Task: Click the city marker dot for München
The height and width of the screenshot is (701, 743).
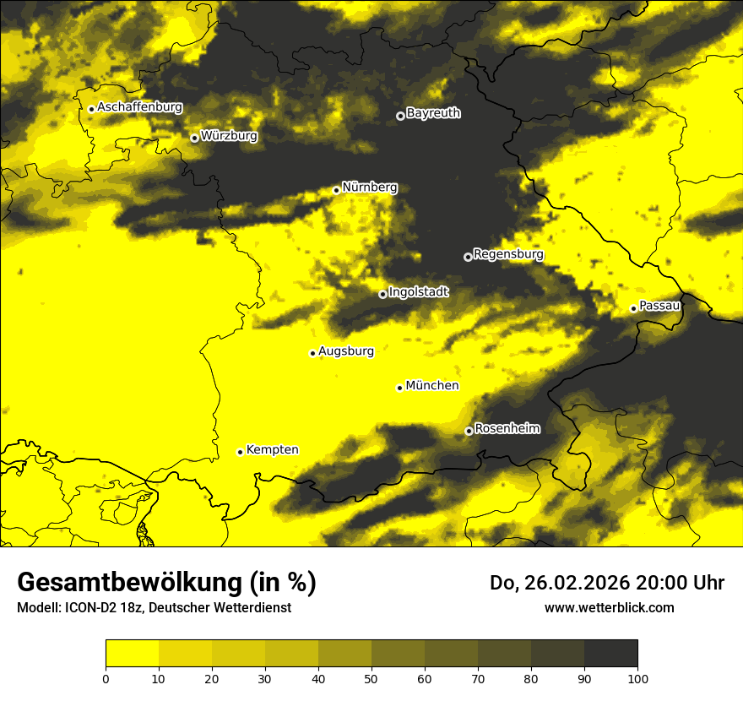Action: coord(399,388)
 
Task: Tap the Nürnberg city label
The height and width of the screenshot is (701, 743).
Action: coord(369,187)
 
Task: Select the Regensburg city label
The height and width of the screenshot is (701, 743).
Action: coord(508,254)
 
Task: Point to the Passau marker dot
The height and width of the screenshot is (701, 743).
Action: coord(633,308)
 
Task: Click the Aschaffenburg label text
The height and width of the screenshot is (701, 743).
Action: coord(139,107)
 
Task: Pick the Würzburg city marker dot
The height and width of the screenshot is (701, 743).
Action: coord(194,138)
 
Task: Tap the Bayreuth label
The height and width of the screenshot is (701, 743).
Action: coord(433,113)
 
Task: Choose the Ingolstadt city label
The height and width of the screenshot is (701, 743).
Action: coord(419,292)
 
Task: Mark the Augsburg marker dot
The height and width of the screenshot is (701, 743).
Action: coord(312,353)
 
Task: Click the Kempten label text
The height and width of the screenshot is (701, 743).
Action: coord(272,450)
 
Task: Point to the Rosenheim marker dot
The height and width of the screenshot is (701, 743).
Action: coord(469,431)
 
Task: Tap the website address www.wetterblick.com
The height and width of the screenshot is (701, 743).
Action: coord(609,607)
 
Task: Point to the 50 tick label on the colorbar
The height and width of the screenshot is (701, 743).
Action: coord(371,678)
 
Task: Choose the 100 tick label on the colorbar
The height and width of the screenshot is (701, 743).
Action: coord(637,678)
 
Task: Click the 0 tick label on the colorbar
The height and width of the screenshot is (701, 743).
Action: coord(106,678)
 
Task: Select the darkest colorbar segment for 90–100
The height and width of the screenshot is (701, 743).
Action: coord(610,654)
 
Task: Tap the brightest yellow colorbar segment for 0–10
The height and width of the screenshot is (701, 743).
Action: coord(132,654)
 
